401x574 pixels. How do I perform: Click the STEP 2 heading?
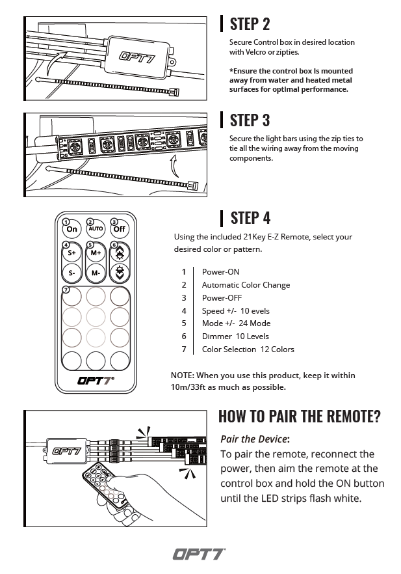(250, 24)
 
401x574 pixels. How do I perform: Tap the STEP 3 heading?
(250, 120)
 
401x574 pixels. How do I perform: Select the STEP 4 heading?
(250, 217)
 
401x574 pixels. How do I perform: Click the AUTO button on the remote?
(96, 229)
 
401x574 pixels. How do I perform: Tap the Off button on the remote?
(119, 229)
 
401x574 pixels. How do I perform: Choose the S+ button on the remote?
(72, 253)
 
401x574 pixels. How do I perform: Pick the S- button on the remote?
(72, 273)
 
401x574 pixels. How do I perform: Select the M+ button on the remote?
(96, 253)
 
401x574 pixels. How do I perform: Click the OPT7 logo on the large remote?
(96, 381)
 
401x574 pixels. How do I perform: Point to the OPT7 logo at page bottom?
(199, 554)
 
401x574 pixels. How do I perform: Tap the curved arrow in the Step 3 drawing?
(174, 166)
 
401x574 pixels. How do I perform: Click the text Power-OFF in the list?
(222, 297)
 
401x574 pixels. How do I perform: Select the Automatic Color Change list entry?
(246, 285)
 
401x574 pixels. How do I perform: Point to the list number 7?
(184, 349)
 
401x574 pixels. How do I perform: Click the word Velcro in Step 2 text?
(255, 52)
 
